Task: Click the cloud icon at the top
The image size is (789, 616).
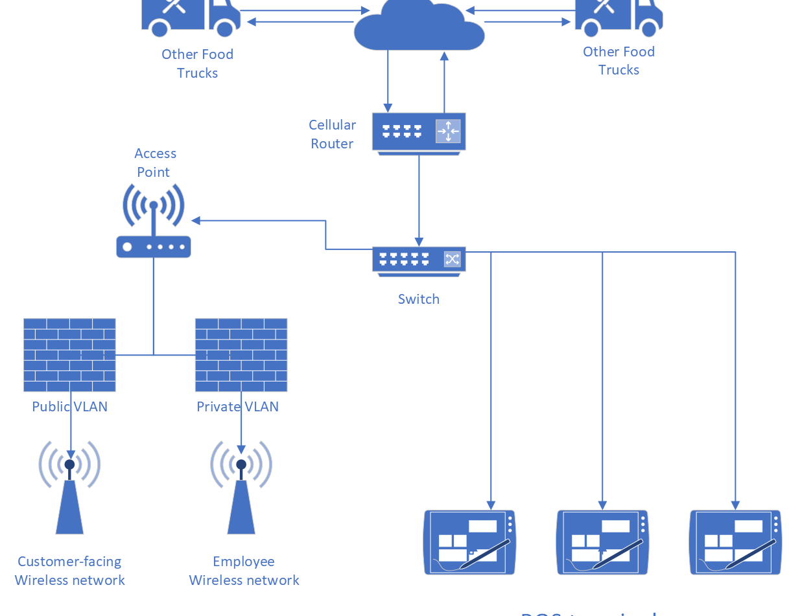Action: click(x=419, y=26)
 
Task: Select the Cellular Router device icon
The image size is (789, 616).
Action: click(x=419, y=132)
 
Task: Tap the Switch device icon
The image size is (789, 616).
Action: click(x=419, y=260)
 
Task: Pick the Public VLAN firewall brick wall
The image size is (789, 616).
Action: click(x=69, y=355)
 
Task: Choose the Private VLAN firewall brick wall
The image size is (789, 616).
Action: click(x=241, y=355)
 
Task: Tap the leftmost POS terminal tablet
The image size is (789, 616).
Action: click(x=470, y=542)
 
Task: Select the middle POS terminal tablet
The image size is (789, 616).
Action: click(x=603, y=542)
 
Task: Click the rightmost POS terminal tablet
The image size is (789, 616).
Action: click(x=735, y=542)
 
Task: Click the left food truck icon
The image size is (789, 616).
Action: click(x=191, y=17)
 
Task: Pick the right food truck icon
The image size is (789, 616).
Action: click(x=619, y=17)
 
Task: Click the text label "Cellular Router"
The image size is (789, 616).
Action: click(x=332, y=134)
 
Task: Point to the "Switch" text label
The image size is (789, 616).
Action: click(x=419, y=299)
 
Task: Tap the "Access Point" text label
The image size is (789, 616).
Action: click(x=155, y=163)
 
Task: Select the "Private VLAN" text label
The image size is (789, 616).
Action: click(x=238, y=407)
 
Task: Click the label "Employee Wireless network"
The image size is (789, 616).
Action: click(x=244, y=571)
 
